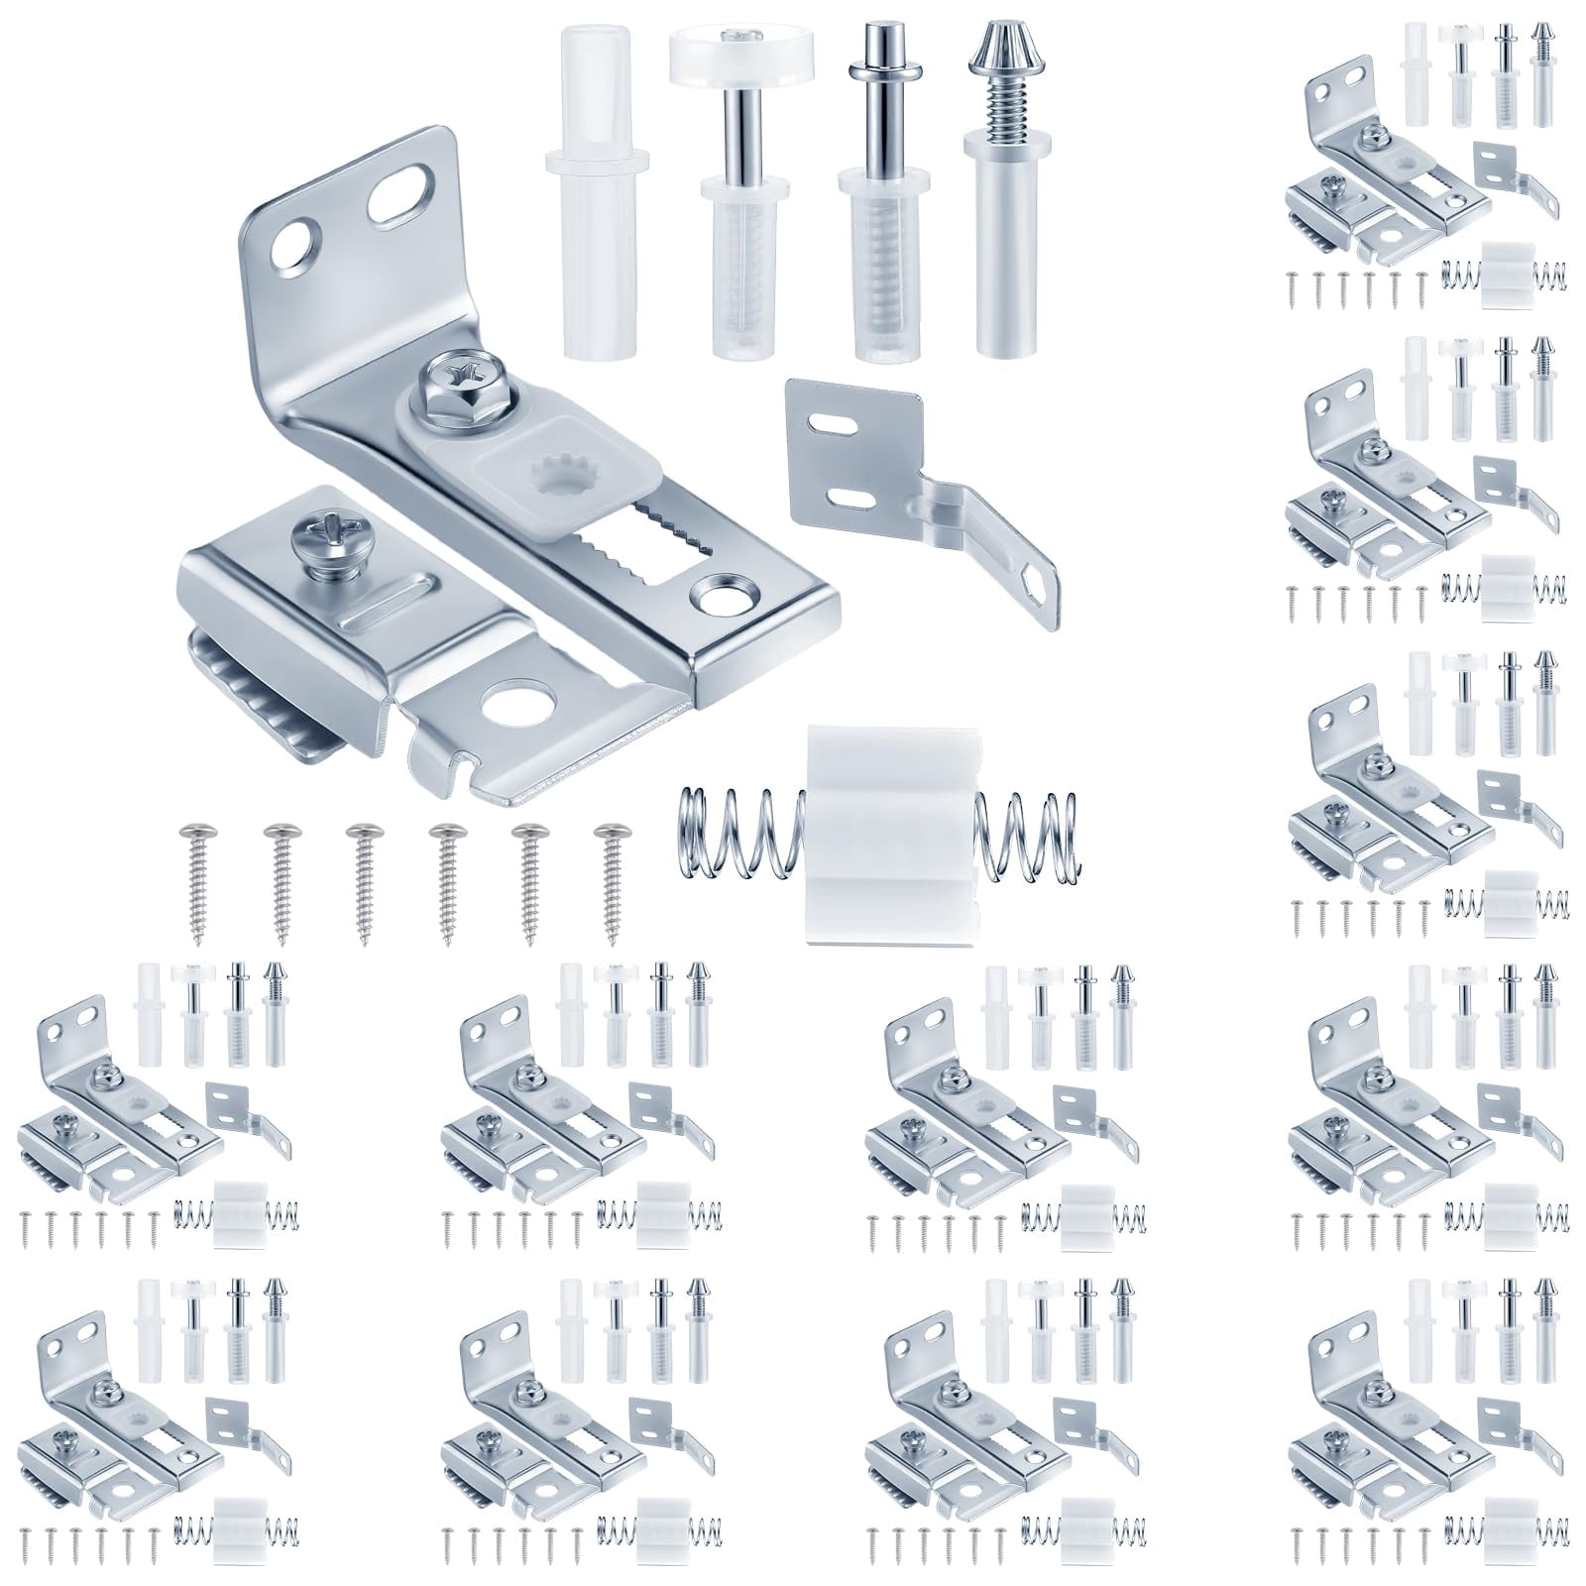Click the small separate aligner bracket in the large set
coord(892,476)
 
